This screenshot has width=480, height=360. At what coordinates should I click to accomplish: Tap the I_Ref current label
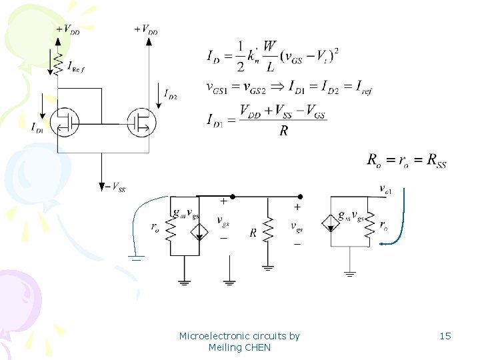(x=76, y=65)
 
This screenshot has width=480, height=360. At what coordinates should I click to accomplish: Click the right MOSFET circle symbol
(x=141, y=122)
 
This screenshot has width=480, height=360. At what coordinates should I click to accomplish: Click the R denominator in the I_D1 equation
(x=284, y=131)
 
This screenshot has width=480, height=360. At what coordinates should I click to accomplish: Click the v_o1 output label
(x=385, y=189)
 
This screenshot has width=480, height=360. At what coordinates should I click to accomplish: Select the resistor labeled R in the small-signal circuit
(x=267, y=232)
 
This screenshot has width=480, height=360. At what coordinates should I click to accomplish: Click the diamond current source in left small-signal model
(x=199, y=231)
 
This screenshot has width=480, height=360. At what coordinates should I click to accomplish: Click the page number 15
(x=445, y=336)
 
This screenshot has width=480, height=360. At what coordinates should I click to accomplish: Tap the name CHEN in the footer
(x=257, y=347)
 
